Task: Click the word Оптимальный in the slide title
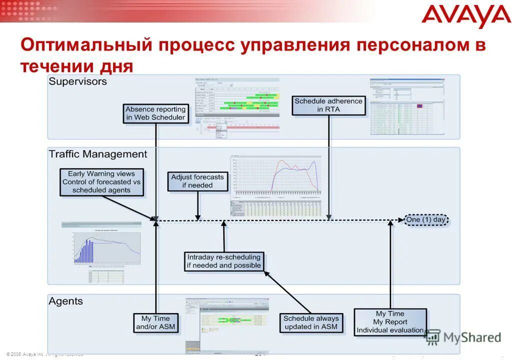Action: (x=86, y=45)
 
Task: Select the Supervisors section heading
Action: (x=77, y=81)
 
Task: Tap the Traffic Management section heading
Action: (x=98, y=154)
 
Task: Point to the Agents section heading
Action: (x=65, y=301)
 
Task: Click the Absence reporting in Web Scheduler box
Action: (x=155, y=113)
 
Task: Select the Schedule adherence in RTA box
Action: (x=328, y=105)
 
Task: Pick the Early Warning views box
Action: (x=101, y=182)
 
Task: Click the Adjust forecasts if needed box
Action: (x=197, y=181)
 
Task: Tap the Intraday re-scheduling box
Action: (x=224, y=261)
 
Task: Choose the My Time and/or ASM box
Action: (x=155, y=322)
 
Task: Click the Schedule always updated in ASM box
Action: (x=311, y=322)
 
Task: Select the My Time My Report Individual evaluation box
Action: (x=390, y=322)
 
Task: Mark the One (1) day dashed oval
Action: (x=425, y=219)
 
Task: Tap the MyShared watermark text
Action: (x=471, y=337)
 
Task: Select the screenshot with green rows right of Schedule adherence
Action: (x=406, y=106)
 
